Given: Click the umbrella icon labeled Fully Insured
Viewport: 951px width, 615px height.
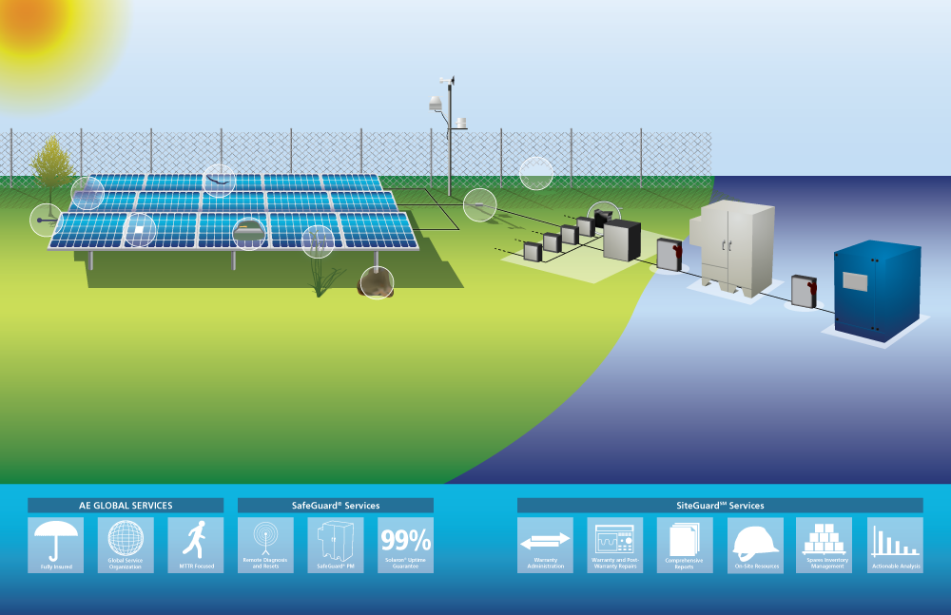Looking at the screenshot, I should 55,543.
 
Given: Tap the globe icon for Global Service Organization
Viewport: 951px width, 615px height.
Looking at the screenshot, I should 125,543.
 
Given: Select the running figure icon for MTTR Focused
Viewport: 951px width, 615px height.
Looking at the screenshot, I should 195,543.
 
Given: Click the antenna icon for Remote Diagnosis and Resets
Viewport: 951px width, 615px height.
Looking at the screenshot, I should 265,543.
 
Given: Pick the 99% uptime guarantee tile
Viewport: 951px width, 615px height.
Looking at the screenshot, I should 405,544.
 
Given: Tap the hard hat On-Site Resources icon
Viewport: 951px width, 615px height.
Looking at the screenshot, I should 755,543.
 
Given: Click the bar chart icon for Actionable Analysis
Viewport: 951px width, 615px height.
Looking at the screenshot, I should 895,543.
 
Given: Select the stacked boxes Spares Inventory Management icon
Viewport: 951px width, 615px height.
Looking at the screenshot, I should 825,543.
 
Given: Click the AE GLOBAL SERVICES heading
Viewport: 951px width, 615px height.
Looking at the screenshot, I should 126,506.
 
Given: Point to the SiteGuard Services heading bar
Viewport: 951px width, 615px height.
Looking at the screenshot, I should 720,506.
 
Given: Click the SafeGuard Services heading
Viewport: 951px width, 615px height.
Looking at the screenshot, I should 335,506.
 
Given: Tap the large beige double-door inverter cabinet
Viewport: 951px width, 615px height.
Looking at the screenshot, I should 737,243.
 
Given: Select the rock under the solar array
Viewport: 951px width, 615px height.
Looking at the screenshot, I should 377,281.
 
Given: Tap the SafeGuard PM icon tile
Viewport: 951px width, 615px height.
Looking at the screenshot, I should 336,543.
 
